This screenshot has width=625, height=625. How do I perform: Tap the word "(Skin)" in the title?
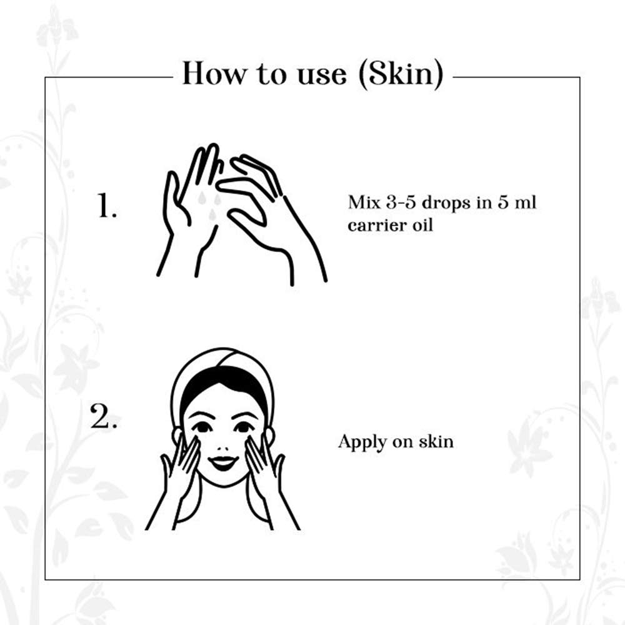coord(401,74)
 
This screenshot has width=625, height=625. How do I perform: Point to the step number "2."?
coord(104,416)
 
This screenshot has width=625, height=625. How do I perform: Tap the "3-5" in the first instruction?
coord(401,202)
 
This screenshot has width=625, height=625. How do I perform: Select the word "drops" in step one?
coord(446,204)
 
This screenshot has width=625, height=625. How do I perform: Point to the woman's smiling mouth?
coord(223,462)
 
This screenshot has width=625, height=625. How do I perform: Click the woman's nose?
coord(223,442)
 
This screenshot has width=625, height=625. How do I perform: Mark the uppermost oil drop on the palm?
coord(202,198)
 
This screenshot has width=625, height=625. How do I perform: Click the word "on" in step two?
coord(403,443)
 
